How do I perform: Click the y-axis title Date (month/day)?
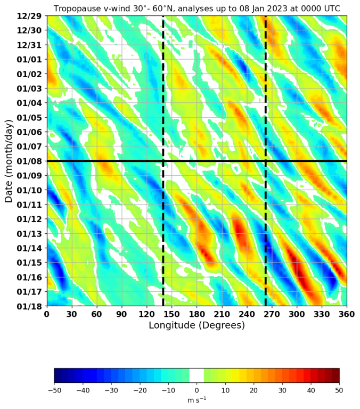9,161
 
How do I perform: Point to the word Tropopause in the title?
80,8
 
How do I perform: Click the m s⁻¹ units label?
197,400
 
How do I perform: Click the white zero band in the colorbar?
197,375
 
